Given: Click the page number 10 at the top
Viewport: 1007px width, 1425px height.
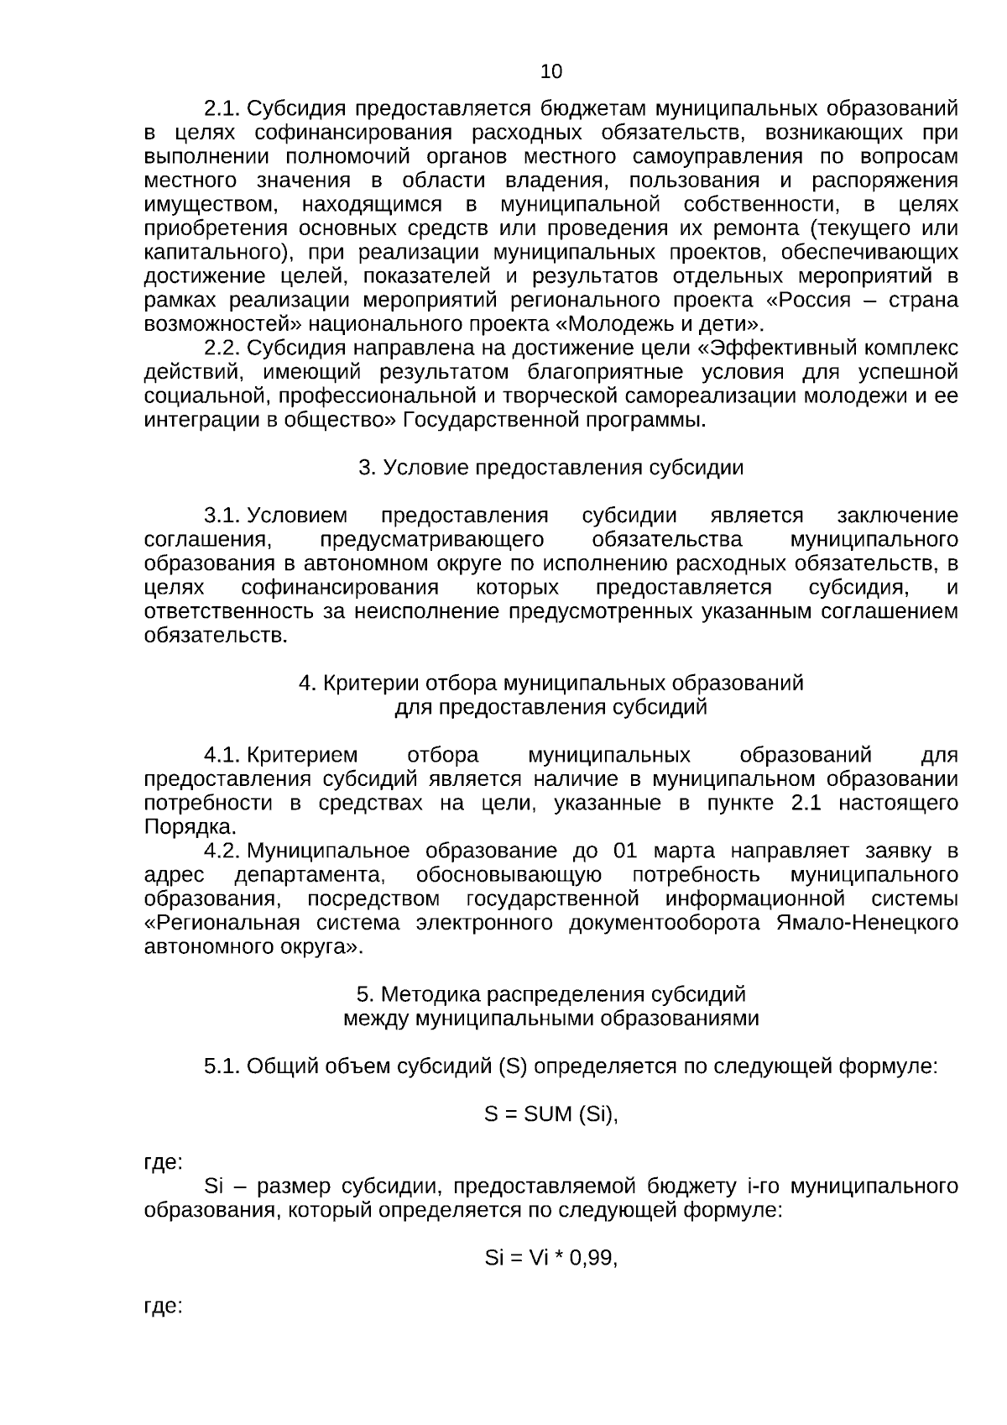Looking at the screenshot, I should pos(551,71).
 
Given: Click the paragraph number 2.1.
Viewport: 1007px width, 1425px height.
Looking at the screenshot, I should pos(222,108).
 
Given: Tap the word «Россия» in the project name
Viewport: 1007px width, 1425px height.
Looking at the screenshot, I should pos(813,301).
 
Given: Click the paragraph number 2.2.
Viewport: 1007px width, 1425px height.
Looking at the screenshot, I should pos(222,348).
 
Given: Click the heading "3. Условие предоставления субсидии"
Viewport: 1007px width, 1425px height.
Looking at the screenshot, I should pos(550,468).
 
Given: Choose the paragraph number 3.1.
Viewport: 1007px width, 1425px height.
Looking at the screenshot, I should pos(222,516).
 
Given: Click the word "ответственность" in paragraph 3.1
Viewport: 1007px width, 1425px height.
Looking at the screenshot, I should pos(228,611).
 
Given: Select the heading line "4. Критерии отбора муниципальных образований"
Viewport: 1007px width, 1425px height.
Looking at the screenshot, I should pos(550,683).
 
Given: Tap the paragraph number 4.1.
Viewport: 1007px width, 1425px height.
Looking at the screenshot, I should pos(222,755).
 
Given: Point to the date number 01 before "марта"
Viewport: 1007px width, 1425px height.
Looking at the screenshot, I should pos(626,851).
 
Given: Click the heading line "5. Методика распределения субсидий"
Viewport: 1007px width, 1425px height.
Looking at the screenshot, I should pos(550,994).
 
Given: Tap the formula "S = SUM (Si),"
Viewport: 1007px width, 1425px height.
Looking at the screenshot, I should pos(550,1114).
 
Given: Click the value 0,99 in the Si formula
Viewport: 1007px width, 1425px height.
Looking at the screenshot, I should pos(591,1258).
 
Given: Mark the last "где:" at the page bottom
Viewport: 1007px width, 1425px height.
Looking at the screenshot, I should pos(164,1307).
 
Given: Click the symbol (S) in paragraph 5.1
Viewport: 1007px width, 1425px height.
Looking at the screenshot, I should pos(512,1066).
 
